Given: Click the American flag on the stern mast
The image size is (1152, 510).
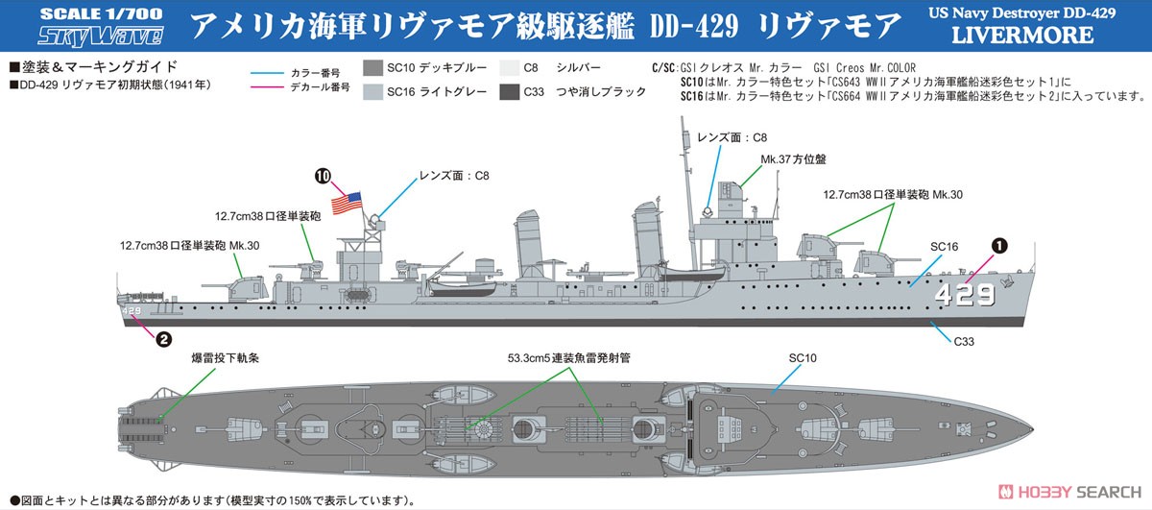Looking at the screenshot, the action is click(x=347, y=203).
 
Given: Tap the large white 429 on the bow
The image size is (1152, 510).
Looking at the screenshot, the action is click(x=964, y=295).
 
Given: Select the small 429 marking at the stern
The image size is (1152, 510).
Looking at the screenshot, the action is click(x=132, y=311).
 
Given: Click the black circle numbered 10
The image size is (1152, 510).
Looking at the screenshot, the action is click(x=323, y=177).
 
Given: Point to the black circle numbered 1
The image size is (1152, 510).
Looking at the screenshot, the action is click(x=999, y=246).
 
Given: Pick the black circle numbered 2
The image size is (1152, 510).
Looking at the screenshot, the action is click(x=163, y=339).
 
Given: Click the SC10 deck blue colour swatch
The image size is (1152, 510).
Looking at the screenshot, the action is click(x=372, y=68).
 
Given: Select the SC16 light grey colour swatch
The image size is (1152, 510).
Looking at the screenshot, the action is click(x=372, y=92).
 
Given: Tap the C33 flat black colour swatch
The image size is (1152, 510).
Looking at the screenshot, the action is click(x=509, y=92).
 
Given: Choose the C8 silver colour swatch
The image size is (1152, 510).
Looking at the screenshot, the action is click(x=509, y=68).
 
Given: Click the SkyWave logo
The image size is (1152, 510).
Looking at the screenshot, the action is click(x=101, y=36).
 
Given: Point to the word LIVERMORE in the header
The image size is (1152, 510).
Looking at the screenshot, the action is click(x=1022, y=35).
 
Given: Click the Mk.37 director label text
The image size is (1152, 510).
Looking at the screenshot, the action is click(x=793, y=159).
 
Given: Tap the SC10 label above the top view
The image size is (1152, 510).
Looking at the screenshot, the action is click(x=803, y=358).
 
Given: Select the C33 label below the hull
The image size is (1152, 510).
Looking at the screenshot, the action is click(x=964, y=342).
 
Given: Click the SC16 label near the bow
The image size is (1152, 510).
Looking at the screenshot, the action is click(x=945, y=247).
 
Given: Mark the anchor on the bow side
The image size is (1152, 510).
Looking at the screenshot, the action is click(x=1006, y=281).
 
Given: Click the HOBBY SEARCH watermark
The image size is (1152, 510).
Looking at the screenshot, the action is click(x=1069, y=492).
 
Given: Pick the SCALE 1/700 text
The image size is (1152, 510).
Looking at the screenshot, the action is click(x=102, y=13).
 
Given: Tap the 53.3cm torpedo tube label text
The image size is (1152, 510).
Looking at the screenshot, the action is click(x=568, y=358).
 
